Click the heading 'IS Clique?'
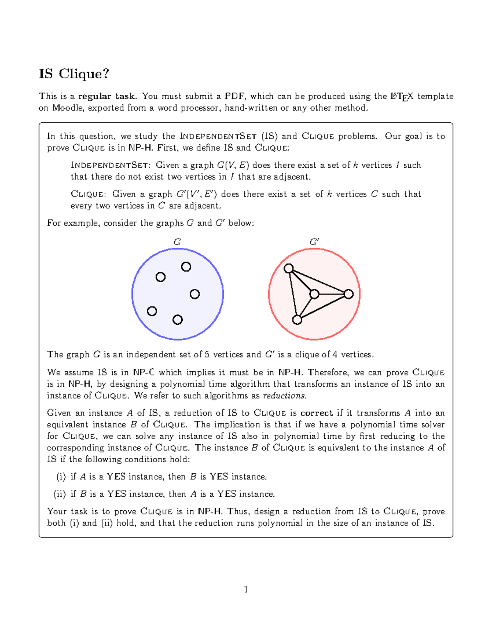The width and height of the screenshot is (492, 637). coord(74,74)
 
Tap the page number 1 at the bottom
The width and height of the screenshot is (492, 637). coord(246,589)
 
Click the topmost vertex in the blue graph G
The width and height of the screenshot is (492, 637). coord(186,267)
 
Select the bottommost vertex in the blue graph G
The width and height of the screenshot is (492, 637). coord(178,320)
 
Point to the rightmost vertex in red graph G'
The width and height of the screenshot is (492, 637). coord(348,294)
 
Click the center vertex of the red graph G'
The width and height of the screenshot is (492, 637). coord(314,294)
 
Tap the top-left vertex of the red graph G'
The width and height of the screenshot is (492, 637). coord(289,269)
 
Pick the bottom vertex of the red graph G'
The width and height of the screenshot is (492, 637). coord(297,320)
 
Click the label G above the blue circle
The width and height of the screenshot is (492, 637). coord(177,242)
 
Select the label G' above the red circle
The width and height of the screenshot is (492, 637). coord(314,242)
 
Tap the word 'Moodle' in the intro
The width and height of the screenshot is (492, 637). coord(67,108)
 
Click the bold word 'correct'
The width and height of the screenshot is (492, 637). coord(317,413)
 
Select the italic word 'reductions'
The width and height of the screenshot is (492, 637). coord(285,396)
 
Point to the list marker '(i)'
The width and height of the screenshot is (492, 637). coord(61,477)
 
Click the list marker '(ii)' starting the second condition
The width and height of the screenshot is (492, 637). coord(60,494)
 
